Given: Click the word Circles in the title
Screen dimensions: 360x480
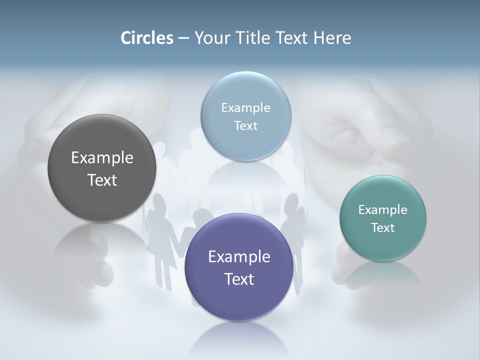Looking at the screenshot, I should (146, 38).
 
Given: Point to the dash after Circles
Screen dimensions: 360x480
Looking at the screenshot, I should (183, 38).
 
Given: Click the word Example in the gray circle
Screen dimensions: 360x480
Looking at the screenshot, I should (102, 158).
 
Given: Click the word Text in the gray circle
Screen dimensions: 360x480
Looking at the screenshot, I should (102, 180).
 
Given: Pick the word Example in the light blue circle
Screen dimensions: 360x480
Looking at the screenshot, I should (245, 107).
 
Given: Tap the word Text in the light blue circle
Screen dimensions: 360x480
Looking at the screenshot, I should (245, 125).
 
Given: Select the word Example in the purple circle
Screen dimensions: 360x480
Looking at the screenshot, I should (239, 257).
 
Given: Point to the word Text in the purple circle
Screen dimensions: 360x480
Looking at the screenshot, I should (239, 279).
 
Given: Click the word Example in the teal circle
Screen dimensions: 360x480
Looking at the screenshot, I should (383, 210).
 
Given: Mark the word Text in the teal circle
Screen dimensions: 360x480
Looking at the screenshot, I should (383, 228).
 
